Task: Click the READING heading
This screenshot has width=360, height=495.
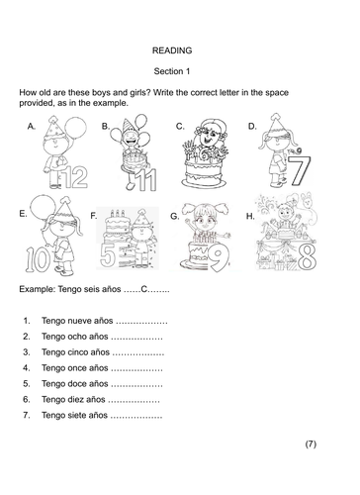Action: (172, 50)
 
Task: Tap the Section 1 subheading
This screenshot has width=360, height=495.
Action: (172, 71)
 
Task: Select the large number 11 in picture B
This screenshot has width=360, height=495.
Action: (146, 180)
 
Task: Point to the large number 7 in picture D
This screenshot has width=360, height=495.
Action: (300, 170)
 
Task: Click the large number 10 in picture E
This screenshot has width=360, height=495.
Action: (38, 259)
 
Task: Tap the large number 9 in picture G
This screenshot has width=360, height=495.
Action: (219, 259)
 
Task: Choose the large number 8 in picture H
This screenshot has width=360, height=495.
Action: (308, 258)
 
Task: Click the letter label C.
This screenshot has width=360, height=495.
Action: (180, 127)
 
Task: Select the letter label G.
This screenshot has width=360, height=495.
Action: (175, 216)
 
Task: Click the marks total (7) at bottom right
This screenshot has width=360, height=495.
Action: (311, 445)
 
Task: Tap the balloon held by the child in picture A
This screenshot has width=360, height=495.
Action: (76, 128)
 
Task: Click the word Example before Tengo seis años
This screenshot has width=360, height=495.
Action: (38, 289)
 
